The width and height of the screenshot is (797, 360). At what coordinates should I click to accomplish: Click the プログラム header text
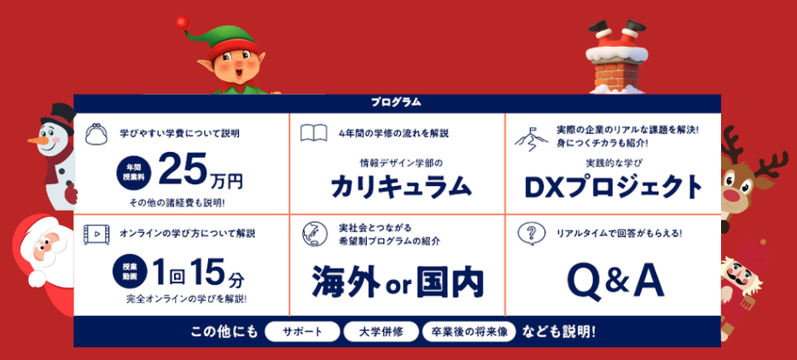point(395,102)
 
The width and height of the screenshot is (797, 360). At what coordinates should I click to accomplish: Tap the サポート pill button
point(302,332)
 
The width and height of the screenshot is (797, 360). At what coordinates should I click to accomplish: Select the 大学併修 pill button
point(381,332)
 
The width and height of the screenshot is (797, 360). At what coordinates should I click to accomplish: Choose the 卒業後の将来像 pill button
point(469,332)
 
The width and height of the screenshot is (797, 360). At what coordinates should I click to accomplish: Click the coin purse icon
point(96,134)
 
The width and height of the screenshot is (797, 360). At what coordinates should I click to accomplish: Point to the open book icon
point(314,133)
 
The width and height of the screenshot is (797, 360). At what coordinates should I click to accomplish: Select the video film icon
point(96,234)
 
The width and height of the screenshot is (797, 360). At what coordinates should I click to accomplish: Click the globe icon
point(315,234)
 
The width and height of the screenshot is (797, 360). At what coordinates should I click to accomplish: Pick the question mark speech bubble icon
point(531,234)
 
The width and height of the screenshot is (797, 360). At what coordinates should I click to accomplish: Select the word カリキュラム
point(401,188)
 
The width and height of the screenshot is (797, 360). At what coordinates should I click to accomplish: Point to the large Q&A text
point(615,282)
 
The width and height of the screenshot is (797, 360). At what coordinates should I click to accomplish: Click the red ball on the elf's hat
point(183,23)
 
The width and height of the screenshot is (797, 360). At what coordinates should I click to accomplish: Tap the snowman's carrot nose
point(37,139)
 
